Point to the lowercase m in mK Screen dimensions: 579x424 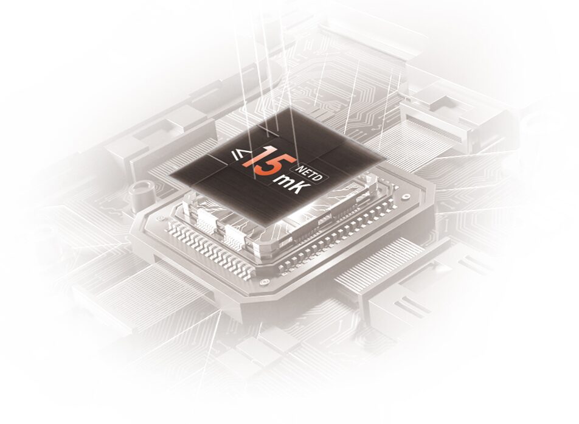pyautogui.click(x=285, y=182)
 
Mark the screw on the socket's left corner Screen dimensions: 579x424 pyautogui.click(x=159, y=218)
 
